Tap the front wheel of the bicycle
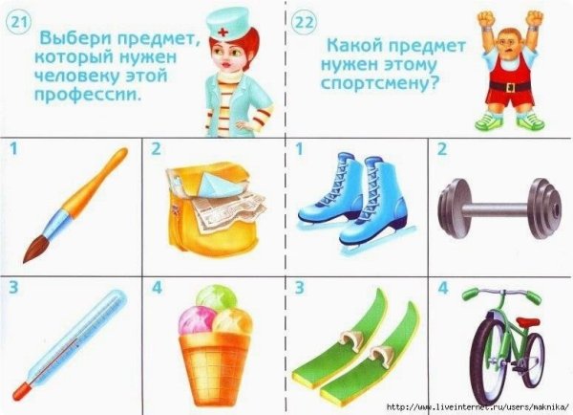click(494, 359)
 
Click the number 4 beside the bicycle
click(442, 286)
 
